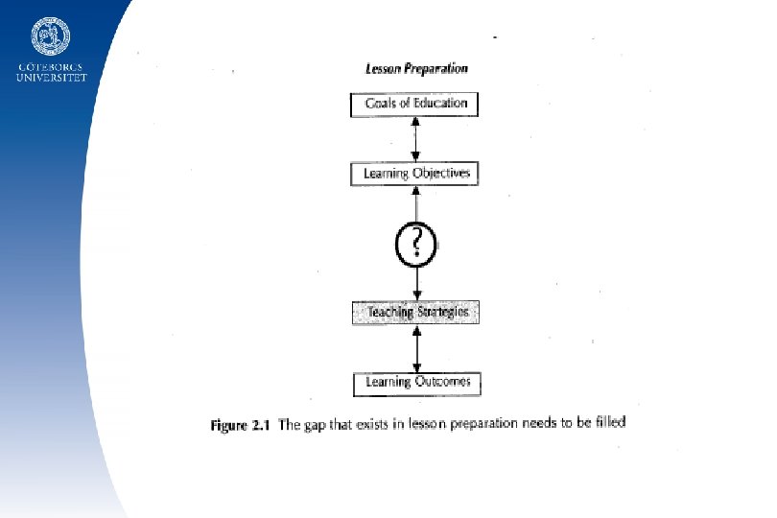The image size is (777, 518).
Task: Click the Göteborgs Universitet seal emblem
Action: pyautogui.click(x=50, y=36)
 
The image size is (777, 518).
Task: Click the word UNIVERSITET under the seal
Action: pyautogui.click(x=51, y=78)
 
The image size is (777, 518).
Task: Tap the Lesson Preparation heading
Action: pyautogui.click(x=416, y=69)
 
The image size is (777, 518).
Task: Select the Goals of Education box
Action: pyautogui.click(x=415, y=104)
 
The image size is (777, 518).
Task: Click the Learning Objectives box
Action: pyautogui.click(x=415, y=174)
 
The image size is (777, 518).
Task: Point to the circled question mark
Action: pyautogui.click(x=416, y=244)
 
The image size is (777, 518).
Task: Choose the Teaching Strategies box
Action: pyautogui.click(x=415, y=313)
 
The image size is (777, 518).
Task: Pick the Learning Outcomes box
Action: pyautogui.click(x=416, y=383)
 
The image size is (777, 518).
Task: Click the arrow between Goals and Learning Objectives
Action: pyautogui.click(x=416, y=139)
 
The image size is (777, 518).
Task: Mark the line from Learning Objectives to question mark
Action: pyautogui.click(x=416, y=203)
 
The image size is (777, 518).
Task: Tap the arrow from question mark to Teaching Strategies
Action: pyautogui.click(x=416, y=282)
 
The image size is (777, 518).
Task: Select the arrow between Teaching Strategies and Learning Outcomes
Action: pyautogui.click(x=416, y=348)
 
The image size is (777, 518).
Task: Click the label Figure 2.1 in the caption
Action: pyautogui.click(x=241, y=426)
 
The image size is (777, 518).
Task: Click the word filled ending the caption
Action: pyautogui.click(x=608, y=421)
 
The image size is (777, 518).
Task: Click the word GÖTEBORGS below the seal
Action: pyautogui.click(x=51, y=67)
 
